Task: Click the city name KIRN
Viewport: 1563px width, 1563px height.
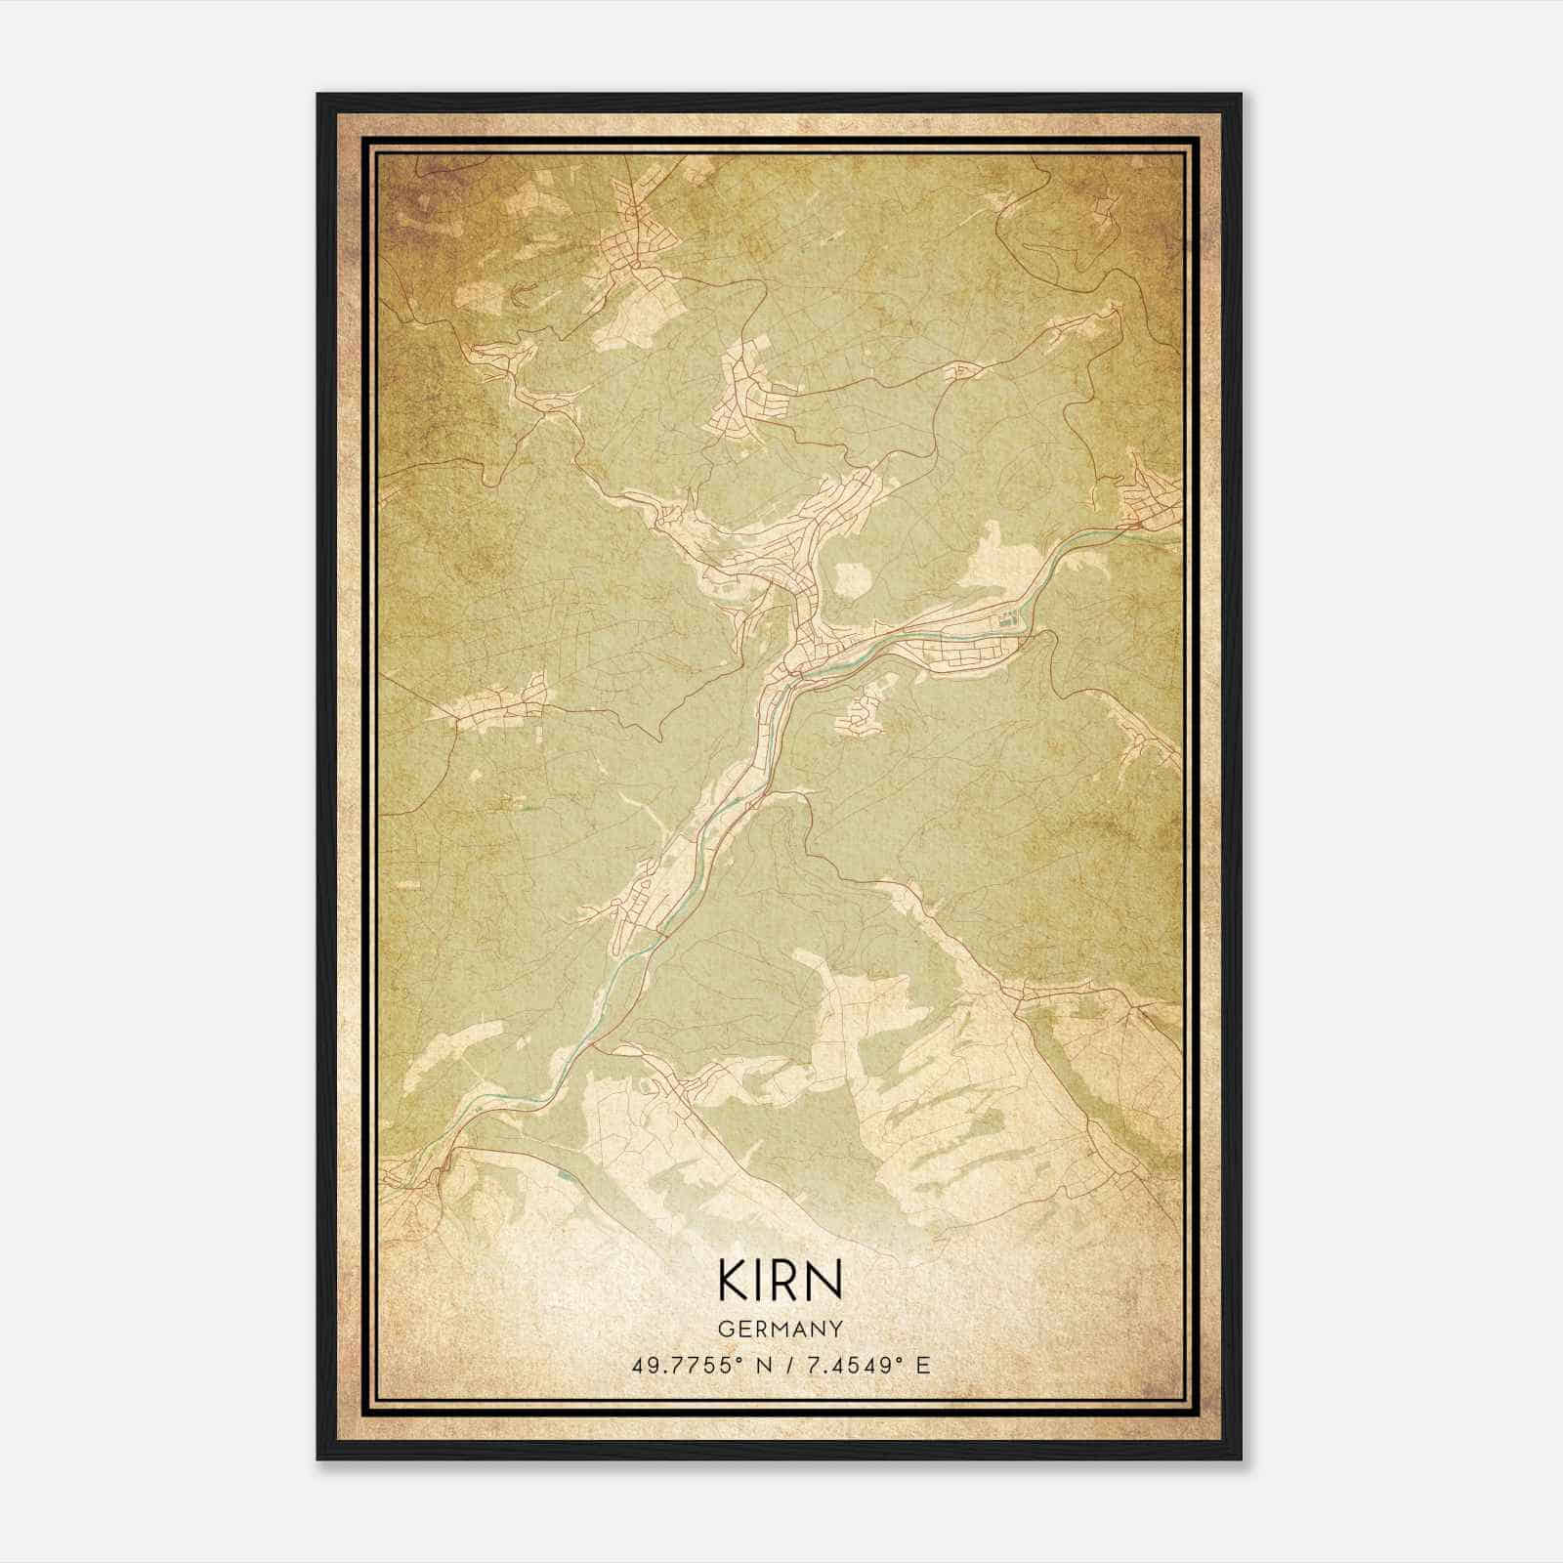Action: [x=780, y=1282]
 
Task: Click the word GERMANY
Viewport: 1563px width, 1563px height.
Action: [x=781, y=1329]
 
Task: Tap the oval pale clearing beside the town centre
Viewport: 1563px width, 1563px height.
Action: [x=848, y=578]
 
